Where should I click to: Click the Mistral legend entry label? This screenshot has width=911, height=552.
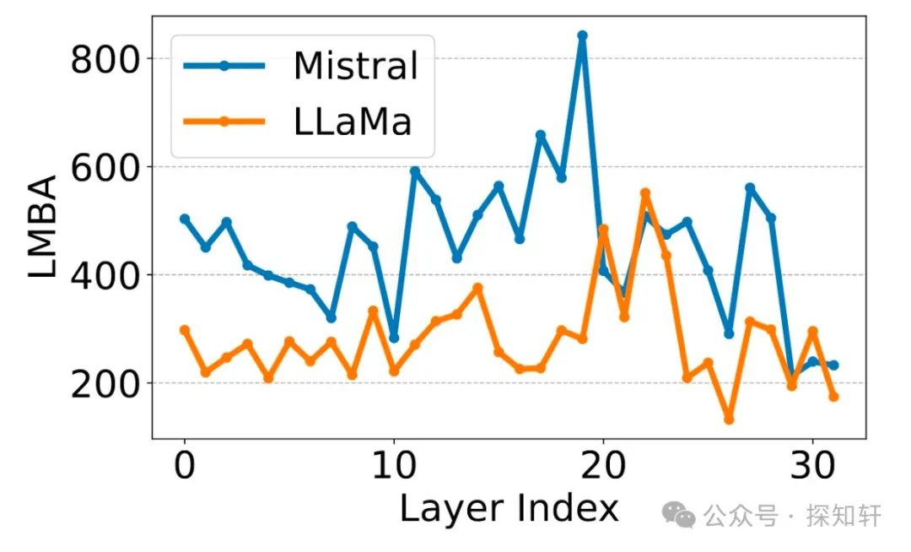pyautogui.click(x=355, y=66)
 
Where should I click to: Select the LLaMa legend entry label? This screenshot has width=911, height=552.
pyautogui.click(x=353, y=122)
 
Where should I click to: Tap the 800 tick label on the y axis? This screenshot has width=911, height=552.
pyautogui.click(x=104, y=59)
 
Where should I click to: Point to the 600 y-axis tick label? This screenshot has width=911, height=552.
pyautogui.click(x=104, y=167)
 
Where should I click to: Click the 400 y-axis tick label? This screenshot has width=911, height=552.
pyautogui.click(x=104, y=275)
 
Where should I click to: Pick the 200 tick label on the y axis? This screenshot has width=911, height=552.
pyautogui.click(x=104, y=383)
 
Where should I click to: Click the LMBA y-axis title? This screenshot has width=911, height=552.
pyautogui.click(x=42, y=228)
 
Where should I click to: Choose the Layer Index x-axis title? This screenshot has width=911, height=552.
pyautogui.click(x=509, y=509)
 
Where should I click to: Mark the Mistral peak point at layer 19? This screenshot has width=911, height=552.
pyautogui.click(x=582, y=35)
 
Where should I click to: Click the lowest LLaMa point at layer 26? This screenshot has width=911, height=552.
pyautogui.click(x=729, y=419)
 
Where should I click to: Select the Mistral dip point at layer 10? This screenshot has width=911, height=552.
pyautogui.click(x=394, y=338)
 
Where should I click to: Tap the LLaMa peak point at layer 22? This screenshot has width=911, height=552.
pyautogui.click(x=645, y=193)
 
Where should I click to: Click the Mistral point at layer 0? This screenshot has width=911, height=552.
pyautogui.click(x=185, y=219)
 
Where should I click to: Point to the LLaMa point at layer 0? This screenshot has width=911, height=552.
pyautogui.click(x=185, y=330)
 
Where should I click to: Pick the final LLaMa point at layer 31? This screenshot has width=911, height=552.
pyautogui.click(x=833, y=397)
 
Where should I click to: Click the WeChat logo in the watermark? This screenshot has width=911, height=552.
pyautogui.click(x=679, y=514)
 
